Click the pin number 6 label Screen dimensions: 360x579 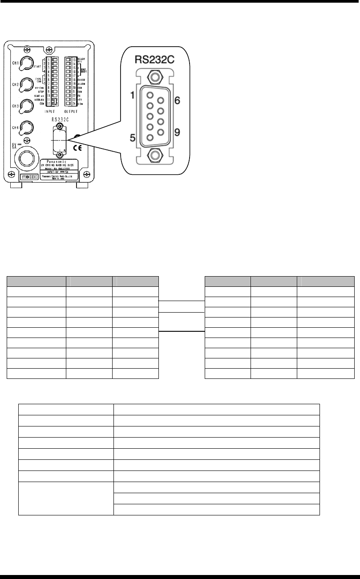[177, 101]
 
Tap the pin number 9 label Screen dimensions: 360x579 [177, 132]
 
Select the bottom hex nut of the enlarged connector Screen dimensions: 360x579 [154, 156]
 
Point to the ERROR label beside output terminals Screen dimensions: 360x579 [81, 79]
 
